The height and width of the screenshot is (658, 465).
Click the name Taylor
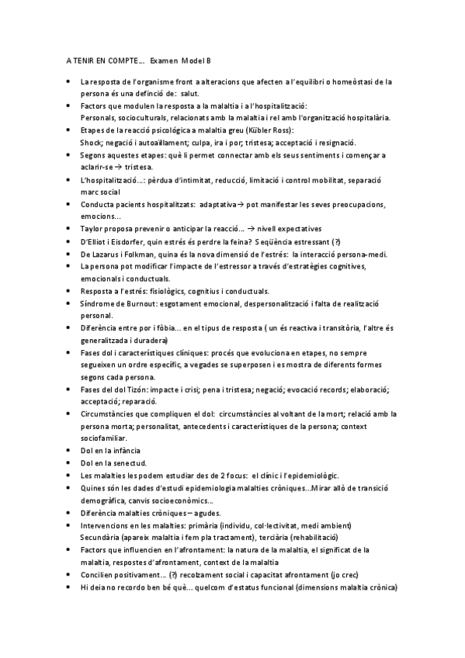tap(92, 228)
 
